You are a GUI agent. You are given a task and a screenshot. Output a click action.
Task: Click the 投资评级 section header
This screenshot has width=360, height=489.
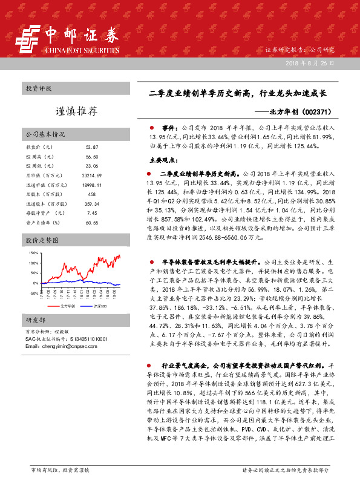point(39,88)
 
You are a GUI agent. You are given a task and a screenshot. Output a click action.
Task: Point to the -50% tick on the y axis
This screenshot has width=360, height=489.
point(33,293)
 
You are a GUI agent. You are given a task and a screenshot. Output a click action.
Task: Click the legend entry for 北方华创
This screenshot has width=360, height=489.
point(64,307)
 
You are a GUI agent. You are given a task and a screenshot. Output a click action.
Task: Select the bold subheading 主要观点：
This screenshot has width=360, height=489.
point(164,161)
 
